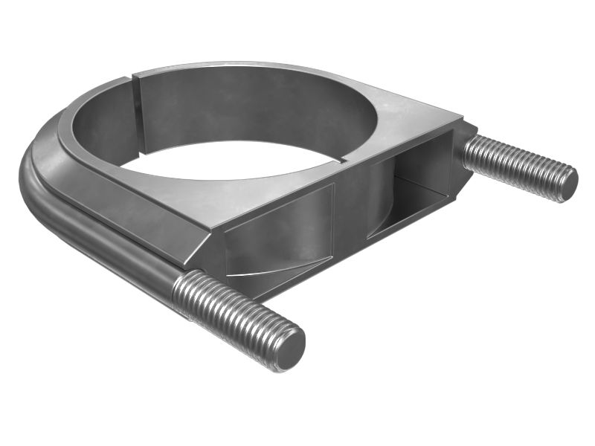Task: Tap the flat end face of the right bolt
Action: pos(567,182)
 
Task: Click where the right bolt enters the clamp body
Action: pos(466,149)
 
